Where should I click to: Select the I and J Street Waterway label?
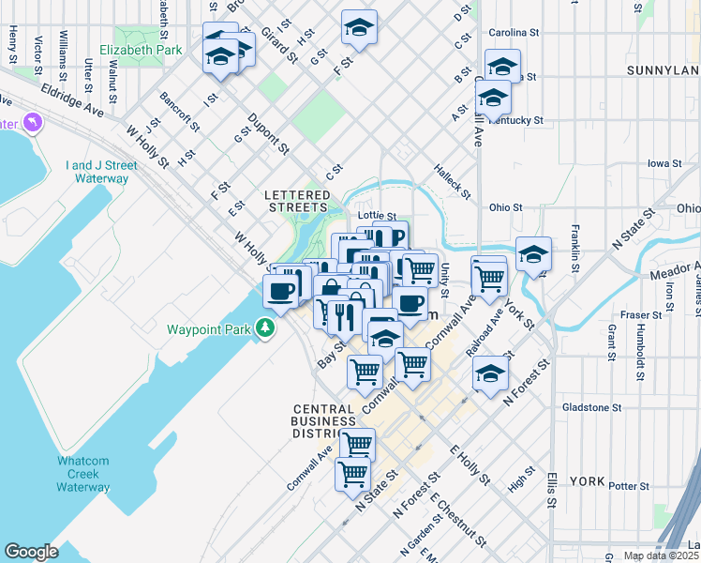tap(101, 172)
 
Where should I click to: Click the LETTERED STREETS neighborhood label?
tap(297, 195)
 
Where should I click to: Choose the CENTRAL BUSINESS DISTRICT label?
tap(322, 421)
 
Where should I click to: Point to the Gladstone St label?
tap(592, 407)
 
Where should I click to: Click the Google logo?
tap(31, 552)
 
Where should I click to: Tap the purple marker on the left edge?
tap(34, 123)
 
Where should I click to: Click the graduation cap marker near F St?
tap(359, 28)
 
